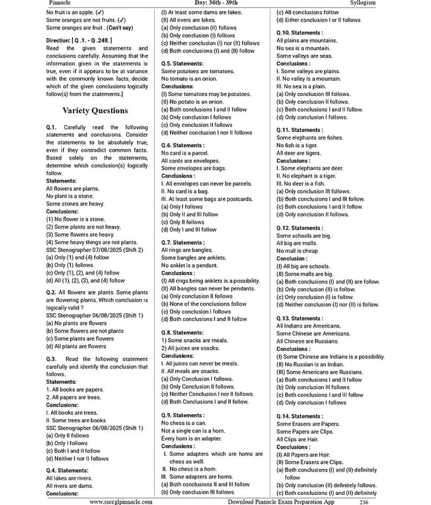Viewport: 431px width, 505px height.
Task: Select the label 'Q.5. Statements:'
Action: click(x=182, y=64)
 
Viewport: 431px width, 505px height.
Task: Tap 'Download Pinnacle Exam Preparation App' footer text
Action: click(x=281, y=502)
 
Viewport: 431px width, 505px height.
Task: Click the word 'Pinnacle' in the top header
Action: click(x=60, y=3)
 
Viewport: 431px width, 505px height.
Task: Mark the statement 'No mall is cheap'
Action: click(x=297, y=251)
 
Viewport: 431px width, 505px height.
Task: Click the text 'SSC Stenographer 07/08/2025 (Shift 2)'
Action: click(x=95, y=249)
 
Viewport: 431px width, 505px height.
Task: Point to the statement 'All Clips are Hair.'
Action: click(x=300, y=439)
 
